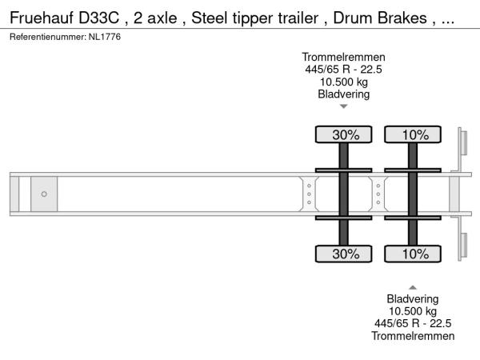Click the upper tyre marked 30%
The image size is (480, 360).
[x=343, y=134]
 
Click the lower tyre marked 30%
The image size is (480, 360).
[x=343, y=254]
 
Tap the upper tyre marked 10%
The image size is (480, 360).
[x=413, y=134]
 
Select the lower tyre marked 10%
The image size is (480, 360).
[x=413, y=254]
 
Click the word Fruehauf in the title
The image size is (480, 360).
[x=42, y=18]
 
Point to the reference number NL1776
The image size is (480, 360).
[x=105, y=37]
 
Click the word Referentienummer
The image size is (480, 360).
[x=48, y=37]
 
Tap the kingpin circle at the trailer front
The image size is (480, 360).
[x=44, y=194]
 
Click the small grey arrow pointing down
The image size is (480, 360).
[x=344, y=106]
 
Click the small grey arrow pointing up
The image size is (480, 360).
[x=413, y=287]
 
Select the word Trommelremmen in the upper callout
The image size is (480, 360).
[x=343, y=57]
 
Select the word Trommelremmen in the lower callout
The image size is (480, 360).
[x=413, y=336]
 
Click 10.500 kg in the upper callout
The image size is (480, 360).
[x=344, y=82]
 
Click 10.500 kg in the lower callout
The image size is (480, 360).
[x=413, y=311]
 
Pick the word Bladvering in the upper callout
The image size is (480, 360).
[x=344, y=94]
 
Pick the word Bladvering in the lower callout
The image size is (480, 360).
[x=413, y=298]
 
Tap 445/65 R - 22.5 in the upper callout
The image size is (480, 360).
[x=343, y=69]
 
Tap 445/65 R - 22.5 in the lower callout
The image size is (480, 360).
[x=413, y=323]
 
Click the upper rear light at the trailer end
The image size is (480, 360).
[x=463, y=142]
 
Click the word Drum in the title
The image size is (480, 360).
[x=353, y=18]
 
